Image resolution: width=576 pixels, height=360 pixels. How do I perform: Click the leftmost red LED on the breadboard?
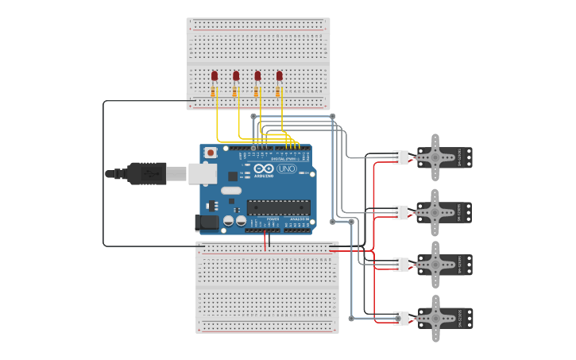coord(215,76)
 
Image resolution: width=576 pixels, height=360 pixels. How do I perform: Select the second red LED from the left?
coord(236,76)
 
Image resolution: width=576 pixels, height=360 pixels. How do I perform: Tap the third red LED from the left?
coord(257,76)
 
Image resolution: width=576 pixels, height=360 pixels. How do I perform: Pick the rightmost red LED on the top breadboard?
coord(279,76)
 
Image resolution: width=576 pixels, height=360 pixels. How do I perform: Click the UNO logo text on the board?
coord(287,168)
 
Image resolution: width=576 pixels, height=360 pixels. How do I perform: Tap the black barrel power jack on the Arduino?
coord(206,223)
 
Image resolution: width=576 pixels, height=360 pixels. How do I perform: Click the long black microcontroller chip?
coord(277,207)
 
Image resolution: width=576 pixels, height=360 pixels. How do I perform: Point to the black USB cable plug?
coord(146,173)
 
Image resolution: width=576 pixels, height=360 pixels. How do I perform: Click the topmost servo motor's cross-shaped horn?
coord(435,157)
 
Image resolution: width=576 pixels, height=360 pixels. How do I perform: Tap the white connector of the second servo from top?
coord(400,212)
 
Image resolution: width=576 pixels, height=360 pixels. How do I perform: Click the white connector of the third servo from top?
coord(400,265)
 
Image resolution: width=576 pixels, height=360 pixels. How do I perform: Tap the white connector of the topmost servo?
coord(400,157)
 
